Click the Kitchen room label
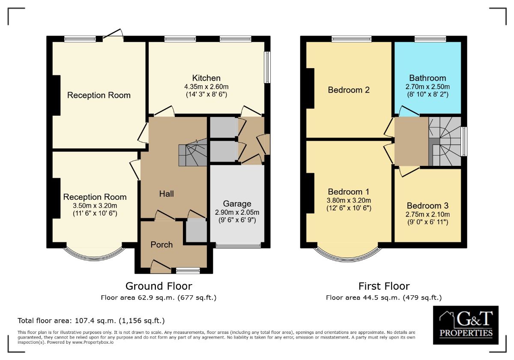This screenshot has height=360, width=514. [x=206, y=78]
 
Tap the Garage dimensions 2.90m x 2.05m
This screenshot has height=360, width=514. [x=237, y=212]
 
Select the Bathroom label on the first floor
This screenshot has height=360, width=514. [x=427, y=78]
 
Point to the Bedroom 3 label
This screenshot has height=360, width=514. [x=427, y=205]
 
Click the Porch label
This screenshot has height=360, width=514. [x=161, y=245]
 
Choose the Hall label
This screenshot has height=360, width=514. [x=166, y=194]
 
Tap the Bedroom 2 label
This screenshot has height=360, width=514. [x=349, y=90]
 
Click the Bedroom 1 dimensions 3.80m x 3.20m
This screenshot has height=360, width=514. [x=349, y=201]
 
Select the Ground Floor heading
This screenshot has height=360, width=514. [x=158, y=286]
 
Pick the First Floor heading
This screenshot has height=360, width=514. [x=384, y=286]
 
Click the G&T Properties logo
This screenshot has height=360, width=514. [x=466, y=325]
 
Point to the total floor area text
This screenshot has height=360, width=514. [x=91, y=321]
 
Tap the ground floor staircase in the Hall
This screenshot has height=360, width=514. [x=193, y=152]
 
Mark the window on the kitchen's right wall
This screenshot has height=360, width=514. [x=267, y=67]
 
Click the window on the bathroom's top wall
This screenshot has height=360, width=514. [x=430, y=39]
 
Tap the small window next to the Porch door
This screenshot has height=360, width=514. [x=188, y=271]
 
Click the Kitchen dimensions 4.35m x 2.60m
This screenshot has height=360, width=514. [x=206, y=87]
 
